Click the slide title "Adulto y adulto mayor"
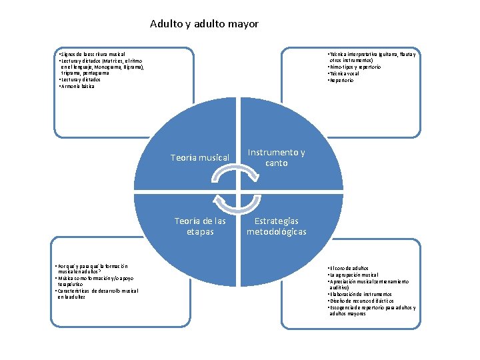[x=204, y=24]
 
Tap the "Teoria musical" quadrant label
[x=200, y=158]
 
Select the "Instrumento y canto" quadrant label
[x=276, y=158]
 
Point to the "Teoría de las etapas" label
[x=200, y=226]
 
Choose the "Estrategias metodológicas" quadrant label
[x=276, y=226]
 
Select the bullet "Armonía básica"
[x=77, y=86]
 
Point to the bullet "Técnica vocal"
[x=344, y=74]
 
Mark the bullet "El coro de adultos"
[x=350, y=268]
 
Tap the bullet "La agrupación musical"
[x=353, y=275]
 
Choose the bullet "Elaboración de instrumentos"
[x=361, y=294]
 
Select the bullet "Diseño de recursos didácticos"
[x=361, y=301]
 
